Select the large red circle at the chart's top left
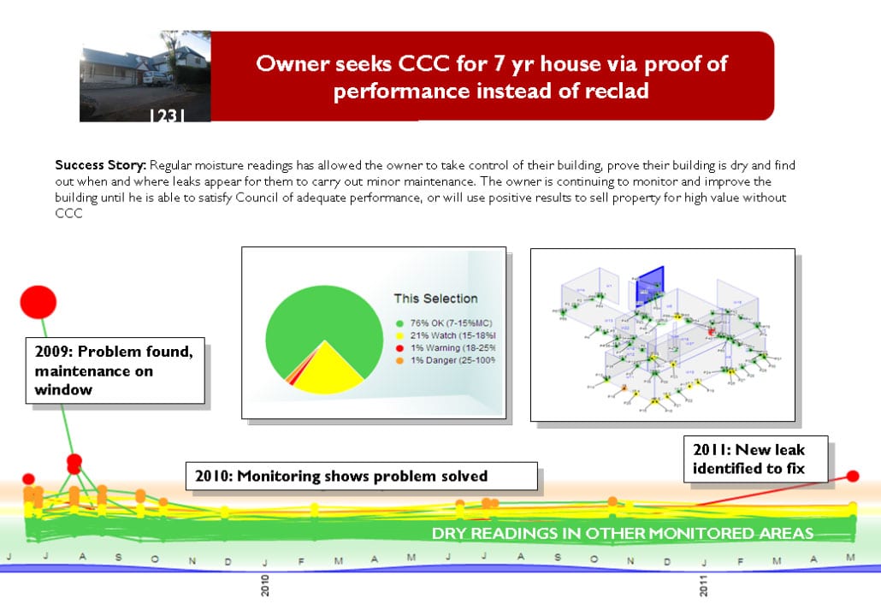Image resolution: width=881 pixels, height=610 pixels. (x=38, y=301)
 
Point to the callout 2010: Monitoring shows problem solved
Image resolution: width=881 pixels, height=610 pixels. (x=362, y=477)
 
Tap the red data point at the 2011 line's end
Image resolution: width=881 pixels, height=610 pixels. (x=852, y=476)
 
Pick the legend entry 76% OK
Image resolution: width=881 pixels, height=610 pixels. (x=444, y=322)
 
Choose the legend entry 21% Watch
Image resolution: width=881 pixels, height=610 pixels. (x=446, y=335)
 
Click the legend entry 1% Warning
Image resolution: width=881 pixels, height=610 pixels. (x=446, y=348)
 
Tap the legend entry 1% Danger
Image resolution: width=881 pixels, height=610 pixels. (x=446, y=361)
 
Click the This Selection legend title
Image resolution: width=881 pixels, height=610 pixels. (x=435, y=299)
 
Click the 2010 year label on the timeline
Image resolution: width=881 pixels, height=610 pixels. (x=265, y=586)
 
